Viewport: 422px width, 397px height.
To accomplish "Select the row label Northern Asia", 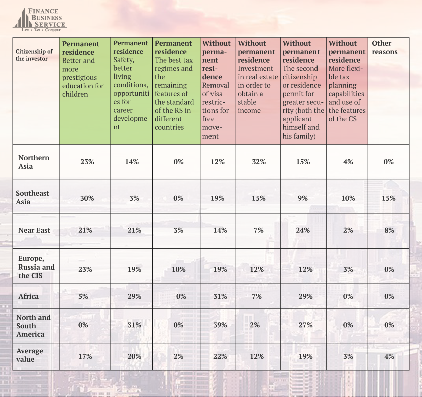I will coord(34,162).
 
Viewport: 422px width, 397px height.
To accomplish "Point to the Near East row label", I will coord(34,230).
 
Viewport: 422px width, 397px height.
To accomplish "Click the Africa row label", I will coord(28,296).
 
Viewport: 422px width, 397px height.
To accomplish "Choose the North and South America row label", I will coord(33,326).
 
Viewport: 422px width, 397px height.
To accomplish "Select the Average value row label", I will coord(30,355).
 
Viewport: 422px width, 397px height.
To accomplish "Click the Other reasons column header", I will coord(385,48).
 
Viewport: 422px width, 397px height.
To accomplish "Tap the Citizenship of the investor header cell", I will coord(34,55).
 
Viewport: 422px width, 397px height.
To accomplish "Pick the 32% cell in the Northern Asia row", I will coord(259,162).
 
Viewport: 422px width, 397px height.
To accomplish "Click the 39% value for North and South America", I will coord(217,325).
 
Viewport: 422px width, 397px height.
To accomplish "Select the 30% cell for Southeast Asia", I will coord(87,198).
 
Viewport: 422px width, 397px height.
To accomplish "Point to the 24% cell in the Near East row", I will coord(303,230).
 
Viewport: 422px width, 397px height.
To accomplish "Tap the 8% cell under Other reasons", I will coord(388,230).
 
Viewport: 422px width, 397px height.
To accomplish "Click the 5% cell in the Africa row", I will coord(83,296).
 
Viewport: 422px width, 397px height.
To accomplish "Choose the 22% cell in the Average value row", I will coord(217,356).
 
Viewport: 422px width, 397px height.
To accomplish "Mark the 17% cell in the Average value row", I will coord(85,356).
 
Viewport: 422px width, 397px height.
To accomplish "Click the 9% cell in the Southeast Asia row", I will coord(303,198).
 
